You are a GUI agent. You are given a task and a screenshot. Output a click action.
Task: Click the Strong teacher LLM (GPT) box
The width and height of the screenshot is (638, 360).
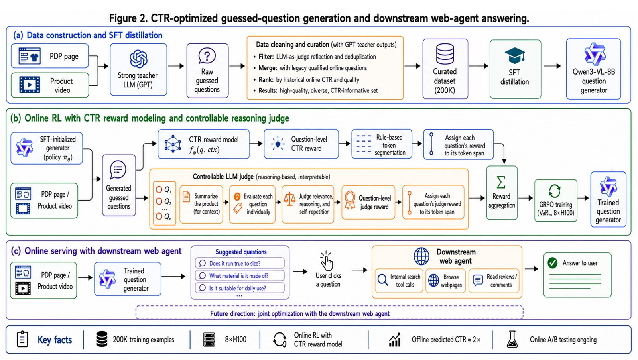pyautogui.click(x=138, y=69)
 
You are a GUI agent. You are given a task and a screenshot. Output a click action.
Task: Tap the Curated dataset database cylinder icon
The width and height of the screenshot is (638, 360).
pyautogui.click(x=445, y=54)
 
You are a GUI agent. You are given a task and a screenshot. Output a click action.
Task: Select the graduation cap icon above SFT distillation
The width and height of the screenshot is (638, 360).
pyautogui.click(x=515, y=55)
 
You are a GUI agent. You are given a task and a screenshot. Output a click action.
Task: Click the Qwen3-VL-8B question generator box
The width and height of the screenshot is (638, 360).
pyautogui.click(x=594, y=69)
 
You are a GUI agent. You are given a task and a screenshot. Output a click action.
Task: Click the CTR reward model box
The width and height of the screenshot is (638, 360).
pyautogui.click(x=204, y=144)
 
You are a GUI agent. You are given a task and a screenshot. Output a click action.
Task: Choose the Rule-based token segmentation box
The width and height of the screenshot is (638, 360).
pyautogui.click(x=382, y=144)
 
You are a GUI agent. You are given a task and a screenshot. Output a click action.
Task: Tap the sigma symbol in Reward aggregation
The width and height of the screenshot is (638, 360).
pyautogui.click(x=501, y=182)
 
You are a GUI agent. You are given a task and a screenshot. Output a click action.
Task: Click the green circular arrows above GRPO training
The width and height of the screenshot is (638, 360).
pyautogui.click(x=555, y=191)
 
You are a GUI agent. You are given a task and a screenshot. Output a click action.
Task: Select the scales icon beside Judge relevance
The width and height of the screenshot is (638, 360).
pyautogui.click(x=289, y=199)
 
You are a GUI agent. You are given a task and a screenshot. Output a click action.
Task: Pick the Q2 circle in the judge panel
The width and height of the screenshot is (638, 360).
pyautogui.click(x=159, y=201)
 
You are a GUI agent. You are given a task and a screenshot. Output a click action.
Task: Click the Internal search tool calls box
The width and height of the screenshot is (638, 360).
pyautogui.click(x=399, y=281)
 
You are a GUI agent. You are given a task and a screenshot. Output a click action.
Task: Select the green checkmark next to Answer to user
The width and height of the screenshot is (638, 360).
pyautogui.click(x=553, y=263)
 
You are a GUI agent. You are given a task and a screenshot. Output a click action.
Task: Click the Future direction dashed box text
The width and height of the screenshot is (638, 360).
pyautogui.click(x=299, y=314)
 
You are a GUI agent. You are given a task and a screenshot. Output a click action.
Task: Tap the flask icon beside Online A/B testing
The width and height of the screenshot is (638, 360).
pyautogui.click(x=512, y=340)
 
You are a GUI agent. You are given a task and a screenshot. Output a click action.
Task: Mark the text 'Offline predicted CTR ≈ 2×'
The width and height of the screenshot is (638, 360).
pyautogui.click(x=446, y=340)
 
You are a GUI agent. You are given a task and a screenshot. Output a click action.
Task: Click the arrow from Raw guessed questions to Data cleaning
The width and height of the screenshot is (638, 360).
pyautogui.click(x=237, y=66)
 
